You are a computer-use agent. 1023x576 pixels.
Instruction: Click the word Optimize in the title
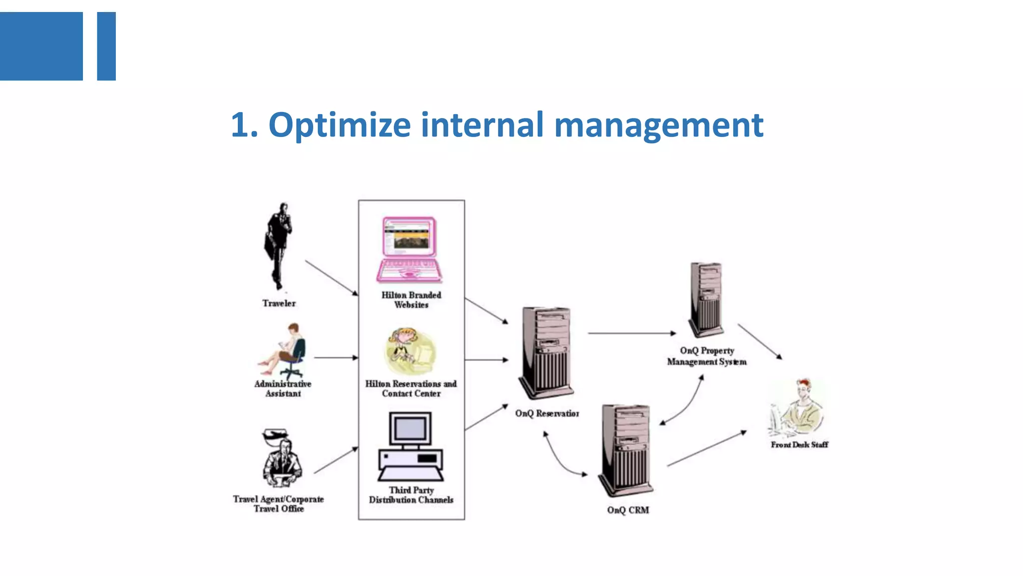pyautogui.click(x=339, y=125)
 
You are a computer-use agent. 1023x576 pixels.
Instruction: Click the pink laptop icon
pyautogui.click(x=409, y=250)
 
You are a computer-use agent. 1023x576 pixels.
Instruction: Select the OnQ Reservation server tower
pyautogui.click(x=546, y=352)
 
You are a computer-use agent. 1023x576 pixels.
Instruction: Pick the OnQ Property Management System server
pyautogui.click(x=706, y=299)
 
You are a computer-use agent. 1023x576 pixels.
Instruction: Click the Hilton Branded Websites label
pyautogui.click(x=411, y=300)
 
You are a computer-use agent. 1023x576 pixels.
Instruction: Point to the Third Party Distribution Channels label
pyautogui.click(x=411, y=495)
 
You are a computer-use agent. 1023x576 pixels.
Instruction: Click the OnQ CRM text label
pyautogui.click(x=628, y=510)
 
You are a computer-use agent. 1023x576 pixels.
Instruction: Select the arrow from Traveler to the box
pyautogui.click(x=331, y=277)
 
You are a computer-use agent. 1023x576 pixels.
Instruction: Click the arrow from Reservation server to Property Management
pyautogui.click(x=631, y=333)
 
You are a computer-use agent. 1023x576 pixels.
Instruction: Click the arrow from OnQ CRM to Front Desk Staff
pyautogui.click(x=706, y=448)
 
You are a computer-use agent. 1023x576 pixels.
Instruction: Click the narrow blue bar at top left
pyautogui.click(x=106, y=46)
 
